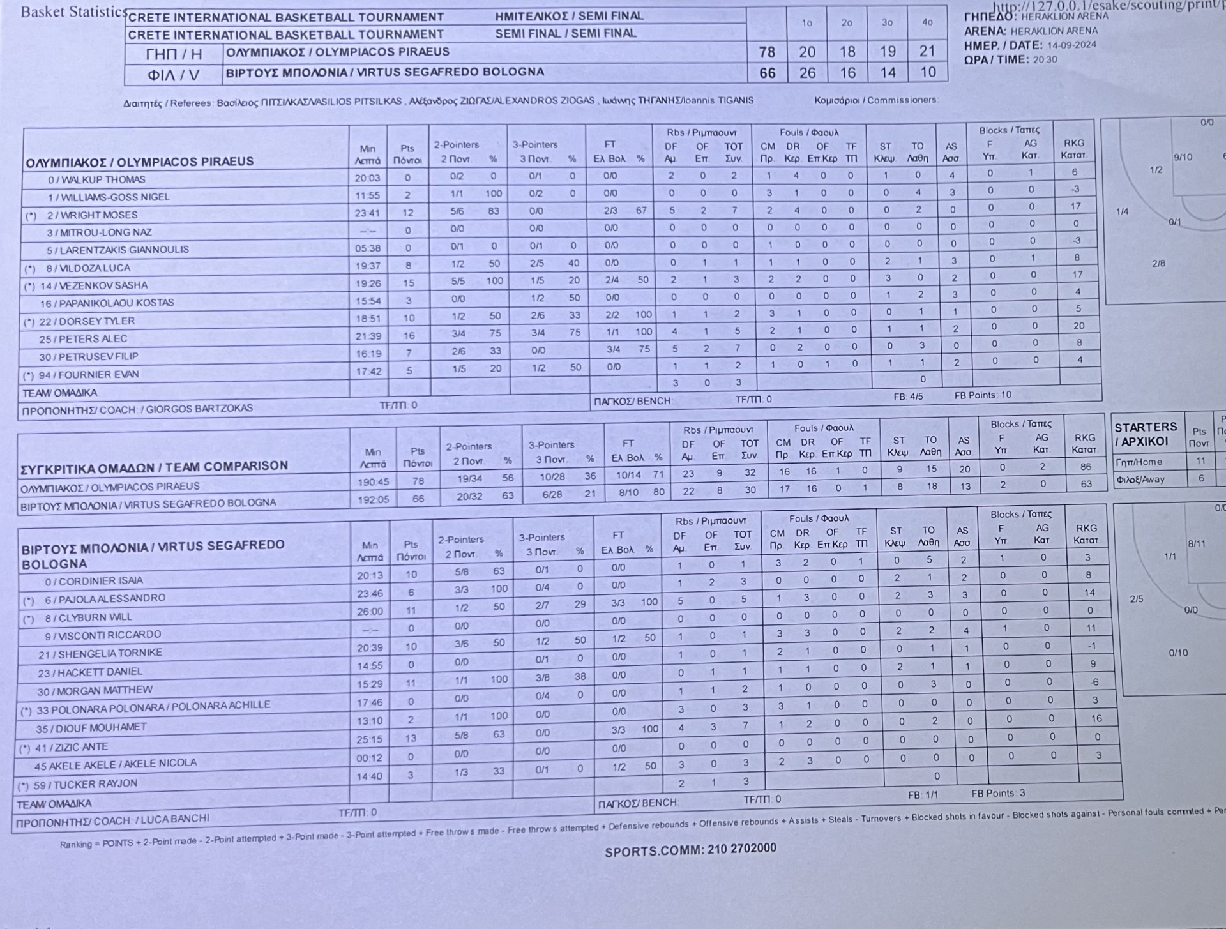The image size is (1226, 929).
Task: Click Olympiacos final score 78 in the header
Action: point(766,52)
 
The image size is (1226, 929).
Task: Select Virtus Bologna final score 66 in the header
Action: point(767,73)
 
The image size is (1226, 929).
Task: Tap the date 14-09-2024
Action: point(1071,45)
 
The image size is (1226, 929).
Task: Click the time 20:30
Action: point(1045,59)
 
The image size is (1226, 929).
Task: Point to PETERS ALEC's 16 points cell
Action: point(409,335)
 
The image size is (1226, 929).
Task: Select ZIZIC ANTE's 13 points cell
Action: point(411,738)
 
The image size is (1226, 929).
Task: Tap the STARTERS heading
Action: point(1146,427)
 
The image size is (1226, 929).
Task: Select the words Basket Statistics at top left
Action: point(73,12)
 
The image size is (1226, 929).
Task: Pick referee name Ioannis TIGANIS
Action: point(716,100)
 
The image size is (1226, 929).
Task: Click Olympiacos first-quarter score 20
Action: point(807,52)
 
